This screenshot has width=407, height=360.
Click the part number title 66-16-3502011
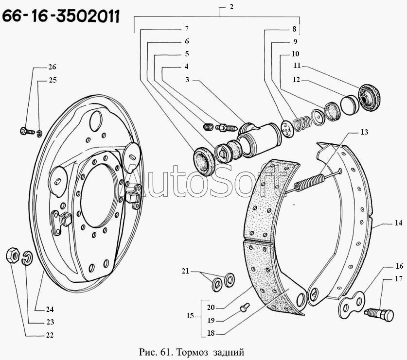coord(61,16)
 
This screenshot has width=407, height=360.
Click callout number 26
coord(52,67)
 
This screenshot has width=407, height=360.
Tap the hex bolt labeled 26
coord(27,131)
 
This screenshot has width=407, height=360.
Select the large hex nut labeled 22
coord(13,256)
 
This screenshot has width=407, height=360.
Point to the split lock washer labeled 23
coord(27,258)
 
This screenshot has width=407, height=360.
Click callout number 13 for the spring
coord(364,132)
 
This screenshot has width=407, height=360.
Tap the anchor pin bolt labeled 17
coord(379,314)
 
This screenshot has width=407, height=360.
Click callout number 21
coord(185,271)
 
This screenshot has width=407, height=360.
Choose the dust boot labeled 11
coord(369,98)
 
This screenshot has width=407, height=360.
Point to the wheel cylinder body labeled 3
coord(260,138)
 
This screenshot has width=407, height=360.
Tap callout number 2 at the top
coord(231,7)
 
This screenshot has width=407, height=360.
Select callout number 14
coord(398,223)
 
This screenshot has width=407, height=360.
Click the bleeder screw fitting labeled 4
coord(226,128)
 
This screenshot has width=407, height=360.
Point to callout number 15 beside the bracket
coord(190,315)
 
